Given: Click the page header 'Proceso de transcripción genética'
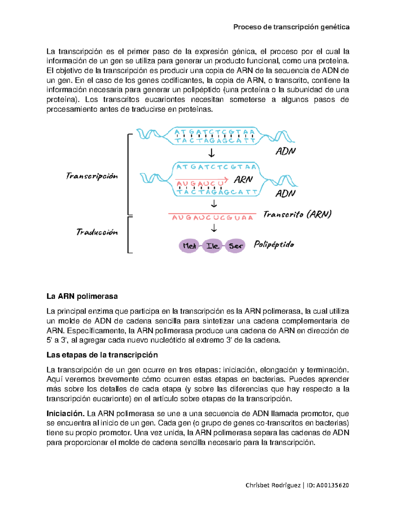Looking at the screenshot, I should [x=291, y=27].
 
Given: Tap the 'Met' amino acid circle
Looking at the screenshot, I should [x=189, y=246].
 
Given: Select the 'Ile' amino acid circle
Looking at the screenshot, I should [x=212, y=246].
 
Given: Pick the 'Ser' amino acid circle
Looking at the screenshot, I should [x=235, y=246].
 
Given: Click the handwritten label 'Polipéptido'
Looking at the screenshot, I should [x=274, y=245].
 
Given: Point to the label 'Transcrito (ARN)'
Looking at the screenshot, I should [x=297, y=215].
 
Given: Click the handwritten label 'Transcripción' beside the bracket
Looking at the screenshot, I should [x=92, y=176].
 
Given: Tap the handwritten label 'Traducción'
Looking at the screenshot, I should [x=97, y=232].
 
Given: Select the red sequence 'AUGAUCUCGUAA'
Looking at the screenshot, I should [x=212, y=218].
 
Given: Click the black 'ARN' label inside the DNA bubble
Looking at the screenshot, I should [x=243, y=180].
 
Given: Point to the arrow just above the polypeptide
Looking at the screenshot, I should [x=214, y=228].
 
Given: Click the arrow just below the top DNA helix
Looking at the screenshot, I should [x=211, y=153].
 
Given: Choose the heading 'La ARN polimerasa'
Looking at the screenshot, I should [x=82, y=296].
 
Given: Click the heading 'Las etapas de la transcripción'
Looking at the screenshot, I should [x=102, y=355].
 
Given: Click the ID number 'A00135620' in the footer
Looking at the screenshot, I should [x=332, y=485].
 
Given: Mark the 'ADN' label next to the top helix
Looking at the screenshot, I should [x=285, y=151].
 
